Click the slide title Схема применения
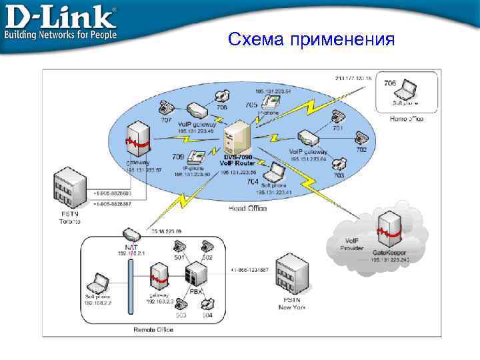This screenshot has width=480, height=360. tap(311, 39)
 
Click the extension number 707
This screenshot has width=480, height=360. tap(166, 121)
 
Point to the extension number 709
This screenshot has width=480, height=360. tap(178, 157)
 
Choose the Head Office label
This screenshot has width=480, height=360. tap(247, 209)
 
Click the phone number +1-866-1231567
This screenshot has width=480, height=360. tap(249, 270)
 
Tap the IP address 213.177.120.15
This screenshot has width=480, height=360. tap(353, 79)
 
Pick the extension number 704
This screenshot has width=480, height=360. tap(253, 181)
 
